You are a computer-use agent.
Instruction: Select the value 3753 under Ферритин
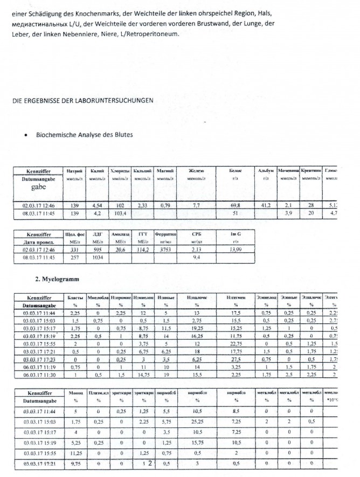[165, 250]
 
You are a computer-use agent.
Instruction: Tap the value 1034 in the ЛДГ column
[97, 258]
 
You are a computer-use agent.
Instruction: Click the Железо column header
[196, 171]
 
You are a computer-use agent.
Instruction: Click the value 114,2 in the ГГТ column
[142, 250]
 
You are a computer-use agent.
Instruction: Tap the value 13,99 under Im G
[235, 250]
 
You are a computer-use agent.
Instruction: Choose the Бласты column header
[75, 298]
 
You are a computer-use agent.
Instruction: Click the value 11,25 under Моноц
[75, 453]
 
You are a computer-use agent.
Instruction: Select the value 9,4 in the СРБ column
[196, 258]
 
